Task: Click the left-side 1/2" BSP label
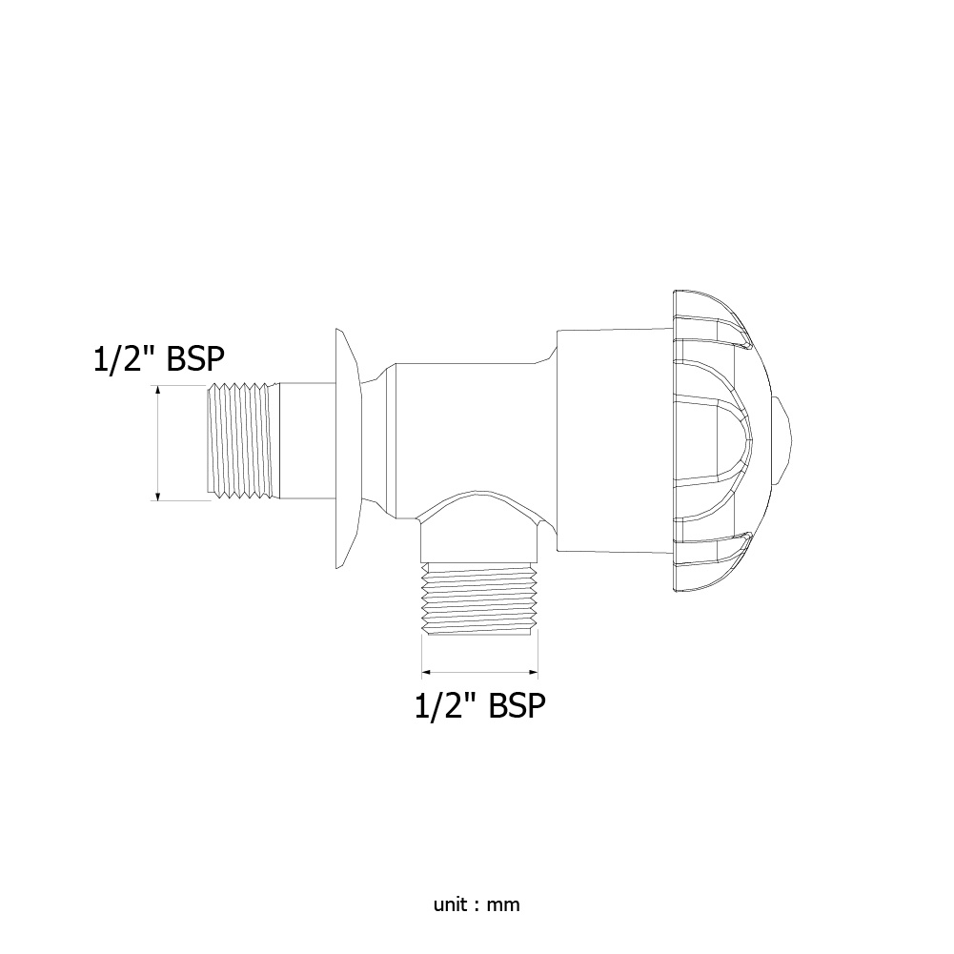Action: (159, 359)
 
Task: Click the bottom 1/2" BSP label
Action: (480, 706)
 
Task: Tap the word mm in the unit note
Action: (503, 904)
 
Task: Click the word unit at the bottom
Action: (450, 904)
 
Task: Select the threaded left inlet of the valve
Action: (243, 441)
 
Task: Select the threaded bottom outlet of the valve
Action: (480, 599)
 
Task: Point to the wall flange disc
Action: (348, 449)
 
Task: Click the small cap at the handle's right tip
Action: (782, 440)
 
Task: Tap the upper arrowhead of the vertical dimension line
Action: (158, 391)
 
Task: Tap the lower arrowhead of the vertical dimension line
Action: (158, 496)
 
